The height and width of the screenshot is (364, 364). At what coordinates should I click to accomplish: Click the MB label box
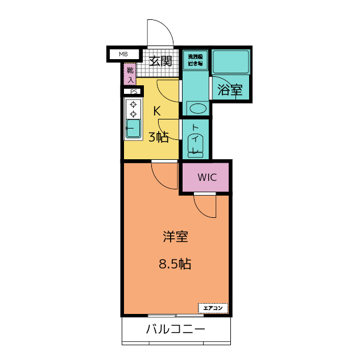[123, 55]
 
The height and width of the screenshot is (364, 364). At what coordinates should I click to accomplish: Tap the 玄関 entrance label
[160, 61]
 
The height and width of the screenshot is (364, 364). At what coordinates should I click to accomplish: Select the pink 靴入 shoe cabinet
[130, 73]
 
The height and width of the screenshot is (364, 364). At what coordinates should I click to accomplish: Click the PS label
[134, 92]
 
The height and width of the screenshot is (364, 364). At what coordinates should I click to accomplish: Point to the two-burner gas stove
[134, 109]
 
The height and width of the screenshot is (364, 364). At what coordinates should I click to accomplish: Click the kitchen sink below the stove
[133, 128]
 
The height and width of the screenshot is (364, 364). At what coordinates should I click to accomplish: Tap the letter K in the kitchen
[156, 111]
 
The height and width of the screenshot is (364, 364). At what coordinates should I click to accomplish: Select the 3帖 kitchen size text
[159, 137]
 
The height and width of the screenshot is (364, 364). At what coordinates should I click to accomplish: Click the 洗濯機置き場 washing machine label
[195, 60]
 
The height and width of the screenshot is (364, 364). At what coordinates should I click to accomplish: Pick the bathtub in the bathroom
[230, 62]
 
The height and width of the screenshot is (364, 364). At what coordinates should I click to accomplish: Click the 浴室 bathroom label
[230, 89]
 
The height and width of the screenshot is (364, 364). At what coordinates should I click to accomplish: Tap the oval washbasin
[197, 108]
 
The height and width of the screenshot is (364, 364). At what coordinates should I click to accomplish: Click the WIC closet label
[207, 177]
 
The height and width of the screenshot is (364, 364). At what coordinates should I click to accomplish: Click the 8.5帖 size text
[175, 264]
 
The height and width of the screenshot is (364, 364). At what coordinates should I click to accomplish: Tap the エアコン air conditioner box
[213, 308]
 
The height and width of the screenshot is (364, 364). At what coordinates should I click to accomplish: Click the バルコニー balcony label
[175, 329]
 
